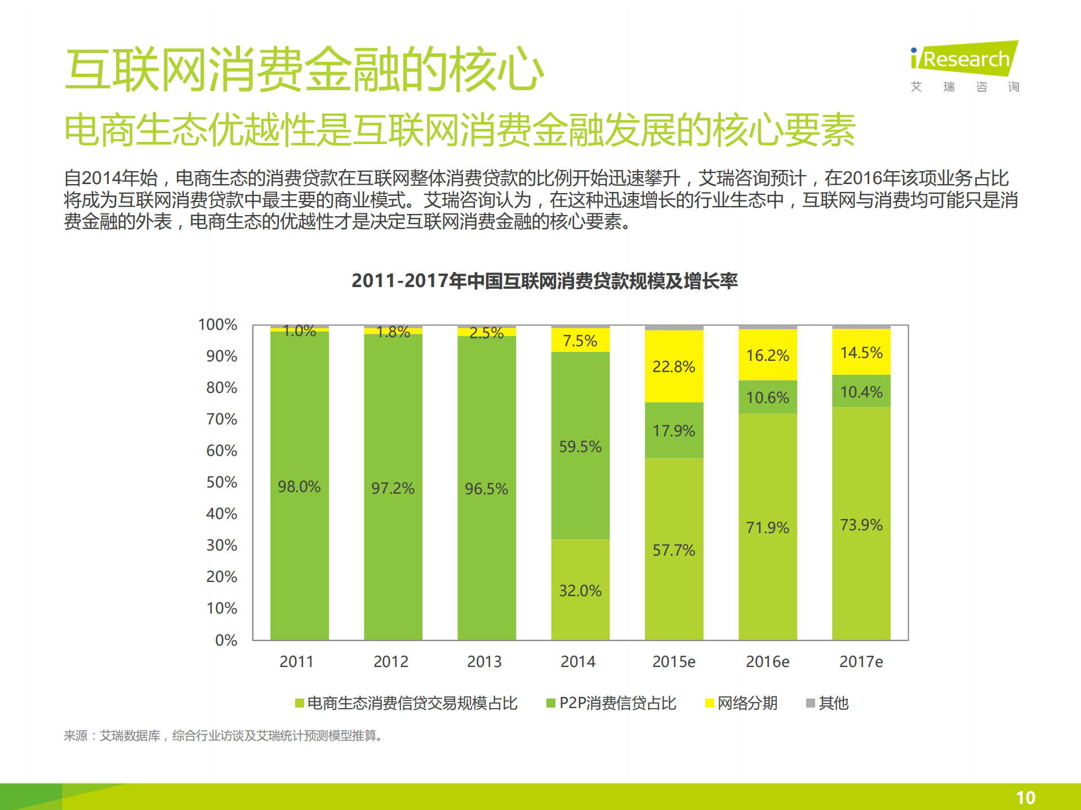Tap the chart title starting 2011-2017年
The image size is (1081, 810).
point(544,281)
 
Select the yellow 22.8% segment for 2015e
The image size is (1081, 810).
point(674,366)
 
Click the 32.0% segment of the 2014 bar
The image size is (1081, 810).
point(580,590)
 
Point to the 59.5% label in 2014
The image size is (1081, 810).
point(580,447)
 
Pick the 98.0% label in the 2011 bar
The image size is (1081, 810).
point(299,487)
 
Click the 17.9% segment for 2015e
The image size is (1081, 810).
point(674,431)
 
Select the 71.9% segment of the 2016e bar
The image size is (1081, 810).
point(767,527)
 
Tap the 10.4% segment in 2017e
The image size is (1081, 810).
point(861,392)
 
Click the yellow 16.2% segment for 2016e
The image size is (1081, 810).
point(767,356)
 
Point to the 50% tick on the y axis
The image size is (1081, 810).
point(221,482)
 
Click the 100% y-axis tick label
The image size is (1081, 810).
point(217,325)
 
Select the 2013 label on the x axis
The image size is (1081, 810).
point(484,662)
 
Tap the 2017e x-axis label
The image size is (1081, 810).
point(861,662)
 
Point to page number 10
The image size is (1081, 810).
point(1025,798)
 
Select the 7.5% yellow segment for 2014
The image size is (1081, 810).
point(580,341)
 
